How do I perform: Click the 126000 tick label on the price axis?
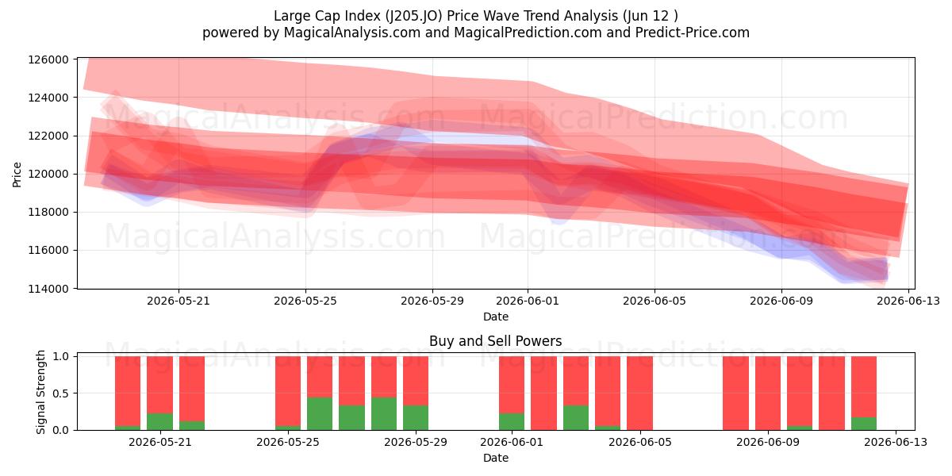coord(48,59)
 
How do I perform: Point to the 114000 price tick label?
coord(48,289)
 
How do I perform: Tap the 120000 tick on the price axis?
coord(48,175)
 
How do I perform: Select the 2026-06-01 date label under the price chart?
coord(528,301)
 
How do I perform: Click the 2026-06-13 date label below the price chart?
coord(908,301)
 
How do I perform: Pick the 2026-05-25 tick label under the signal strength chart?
coord(288,443)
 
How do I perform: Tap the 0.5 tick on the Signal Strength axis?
coord(61,393)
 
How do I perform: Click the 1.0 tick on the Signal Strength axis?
coord(61,356)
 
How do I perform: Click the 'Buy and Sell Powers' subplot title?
coord(496,341)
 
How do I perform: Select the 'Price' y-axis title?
coord(17,175)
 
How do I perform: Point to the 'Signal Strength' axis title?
coord(40,392)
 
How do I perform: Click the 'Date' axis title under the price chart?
coord(496,317)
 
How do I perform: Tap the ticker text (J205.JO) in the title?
coord(414,16)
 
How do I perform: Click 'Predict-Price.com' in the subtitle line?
coord(693,33)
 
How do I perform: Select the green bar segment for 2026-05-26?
coord(320,413)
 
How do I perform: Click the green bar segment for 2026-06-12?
coord(864,424)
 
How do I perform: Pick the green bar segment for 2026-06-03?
coord(576,418)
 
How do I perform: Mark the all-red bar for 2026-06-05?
coord(639,393)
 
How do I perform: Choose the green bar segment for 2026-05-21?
coord(159,421)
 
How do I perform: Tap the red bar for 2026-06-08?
coord(735,393)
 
